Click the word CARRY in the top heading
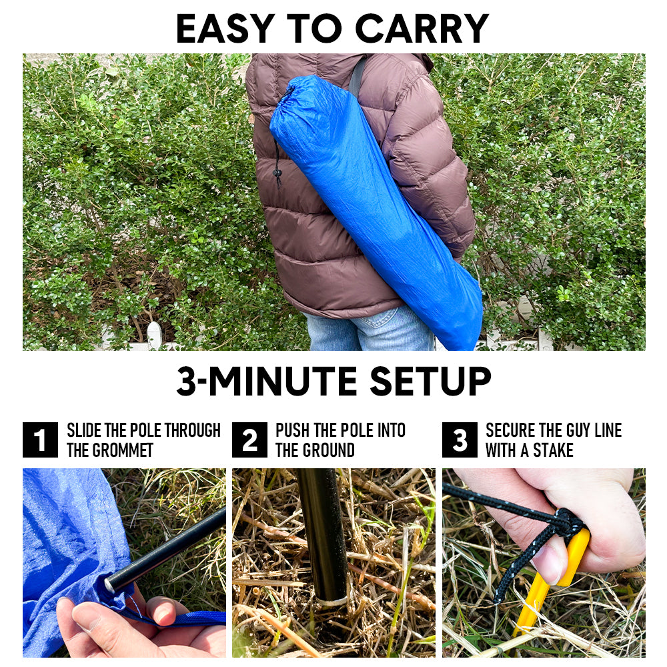[x=421, y=29]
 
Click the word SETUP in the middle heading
[x=430, y=381]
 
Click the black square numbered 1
[x=40, y=440]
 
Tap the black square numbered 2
[x=249, y=440]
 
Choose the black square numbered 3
[x=460, y=440]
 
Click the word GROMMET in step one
[x=123, y=450]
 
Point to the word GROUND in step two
[x=327, y=450]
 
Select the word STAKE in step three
[x=553, y=450]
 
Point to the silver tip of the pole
[x=109, y=586]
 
